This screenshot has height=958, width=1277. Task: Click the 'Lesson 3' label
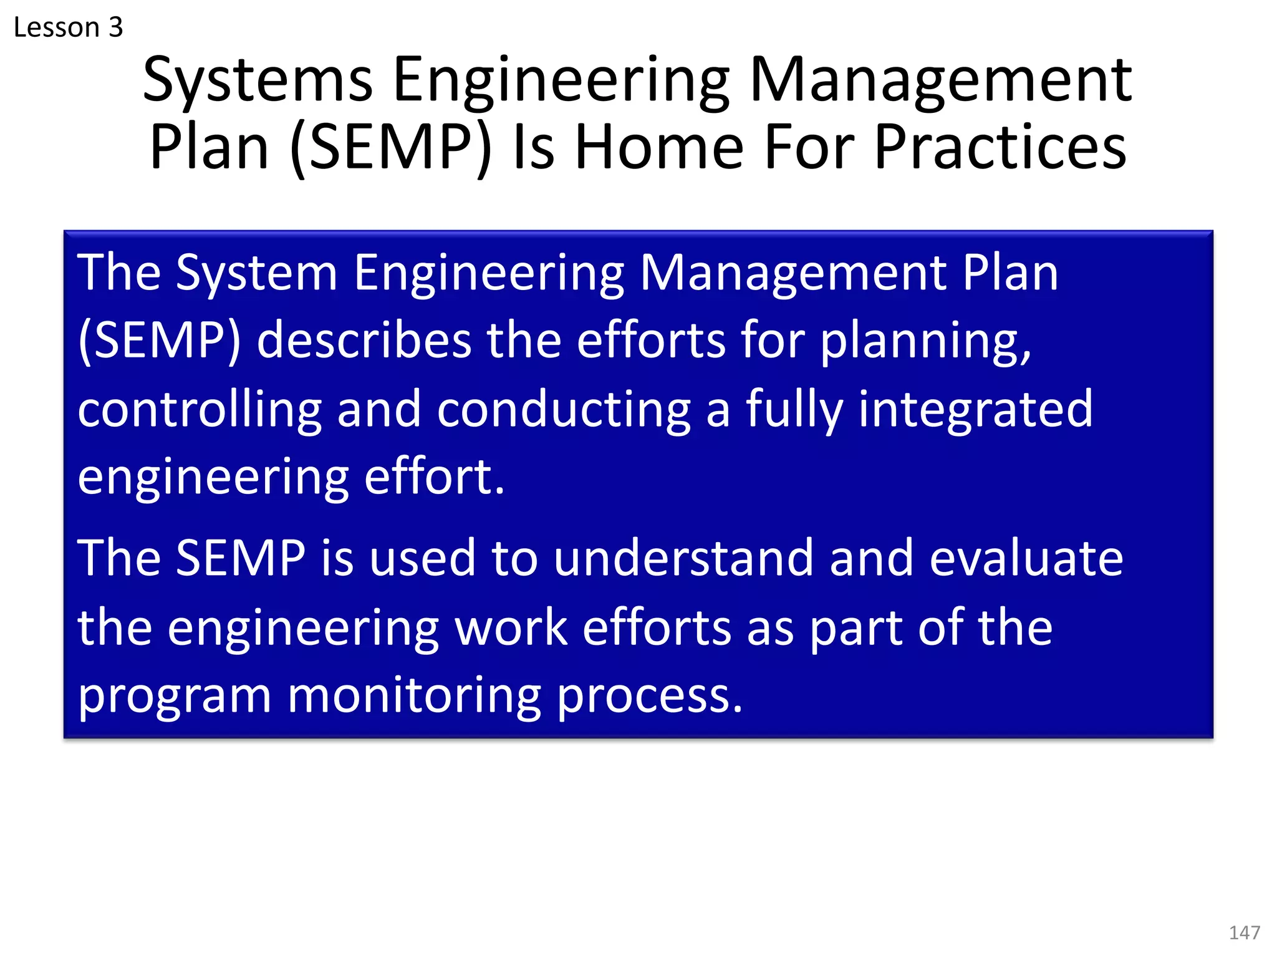(x=68, y=27)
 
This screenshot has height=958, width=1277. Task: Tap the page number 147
(x=1244, y=932)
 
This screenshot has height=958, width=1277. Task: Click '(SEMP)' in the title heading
(x=391, y=148)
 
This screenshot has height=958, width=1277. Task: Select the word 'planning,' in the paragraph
(x=925, y=342)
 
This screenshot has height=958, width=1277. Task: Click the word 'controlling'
(x=200, y=409)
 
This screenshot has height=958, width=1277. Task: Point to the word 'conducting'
(x=564, y=409)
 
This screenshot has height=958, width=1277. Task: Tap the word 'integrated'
(x=975, y=409)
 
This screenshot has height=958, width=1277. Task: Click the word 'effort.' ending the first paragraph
(x=434, y=477)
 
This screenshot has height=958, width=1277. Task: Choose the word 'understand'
(x=683, y=558)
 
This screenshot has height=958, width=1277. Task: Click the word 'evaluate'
(x=1026, y=558)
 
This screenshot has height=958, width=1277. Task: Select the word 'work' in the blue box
(x=511, y=627)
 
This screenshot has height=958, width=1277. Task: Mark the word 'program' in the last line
(x=175, y=696)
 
